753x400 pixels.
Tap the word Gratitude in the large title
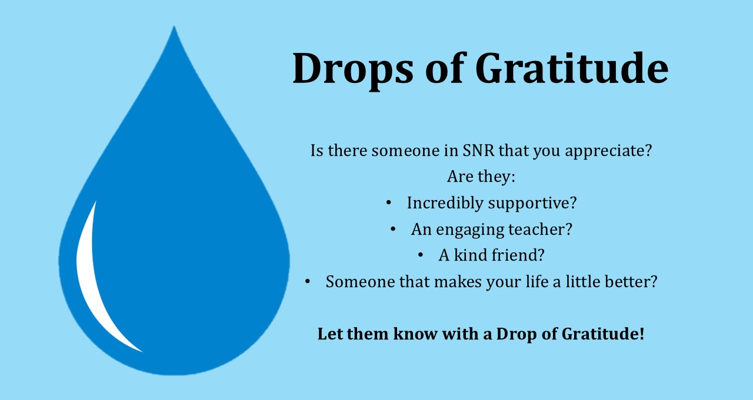tap(572, 68)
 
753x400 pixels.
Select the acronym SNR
tap(478, 150)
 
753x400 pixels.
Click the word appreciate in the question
tap(608, 151)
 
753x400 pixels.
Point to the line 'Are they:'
tap(481, 177)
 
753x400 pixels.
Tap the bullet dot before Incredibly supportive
tap(389, 203)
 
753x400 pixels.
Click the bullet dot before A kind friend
tap(420, 255)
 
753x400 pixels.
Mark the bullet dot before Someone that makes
tap(307, 281)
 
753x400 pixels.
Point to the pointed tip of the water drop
tap(174, 26)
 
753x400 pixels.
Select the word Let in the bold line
tap(330, 334)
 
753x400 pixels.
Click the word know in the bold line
tap(415, 334)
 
